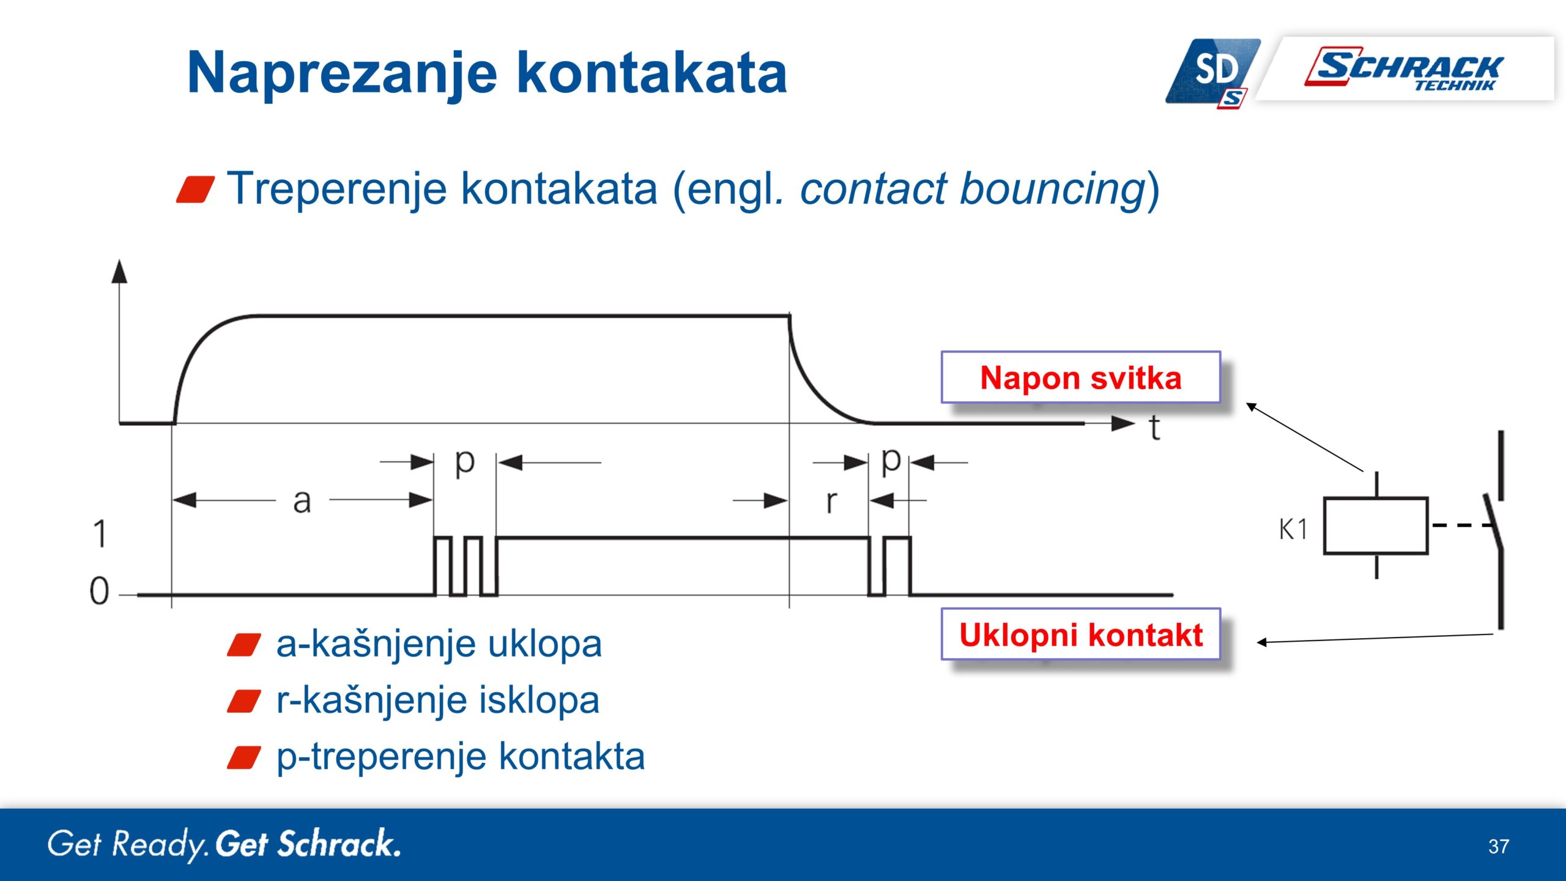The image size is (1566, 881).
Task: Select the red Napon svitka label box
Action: [1080, 377]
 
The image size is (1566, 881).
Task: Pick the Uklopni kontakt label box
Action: [1080, 634]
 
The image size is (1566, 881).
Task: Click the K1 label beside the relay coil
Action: [1293, 529]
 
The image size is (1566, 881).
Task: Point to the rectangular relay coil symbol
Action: [1375, 526]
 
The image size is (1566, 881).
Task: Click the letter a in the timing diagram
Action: [302, 502]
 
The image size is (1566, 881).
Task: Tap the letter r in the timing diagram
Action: [831, 502]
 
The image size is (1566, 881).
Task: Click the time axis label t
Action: [1154, 428]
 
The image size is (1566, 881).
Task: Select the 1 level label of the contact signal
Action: [100, 533]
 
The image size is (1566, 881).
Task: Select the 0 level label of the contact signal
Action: [99, 591]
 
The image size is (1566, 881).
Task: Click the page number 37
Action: [1498, 846]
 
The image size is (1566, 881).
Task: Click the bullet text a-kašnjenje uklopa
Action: [439, 644]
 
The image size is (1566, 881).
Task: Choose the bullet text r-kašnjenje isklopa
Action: [437, 700]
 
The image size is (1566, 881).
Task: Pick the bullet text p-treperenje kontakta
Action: [460, 756]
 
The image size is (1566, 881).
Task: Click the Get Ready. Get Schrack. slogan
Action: [224, 844]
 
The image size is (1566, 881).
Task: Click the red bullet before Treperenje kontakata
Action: [195, 189]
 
